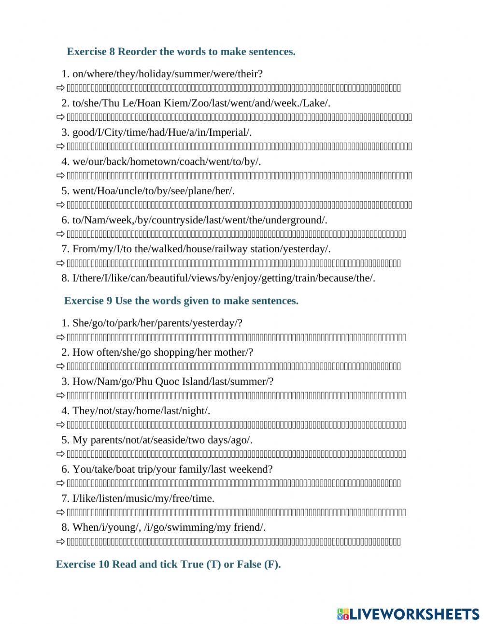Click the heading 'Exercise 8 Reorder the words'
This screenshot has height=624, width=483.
181,51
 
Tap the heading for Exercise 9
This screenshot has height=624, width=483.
181,301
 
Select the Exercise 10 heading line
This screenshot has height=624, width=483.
168,564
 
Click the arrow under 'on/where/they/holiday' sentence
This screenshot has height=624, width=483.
60,88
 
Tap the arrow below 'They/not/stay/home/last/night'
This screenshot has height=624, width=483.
60,425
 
